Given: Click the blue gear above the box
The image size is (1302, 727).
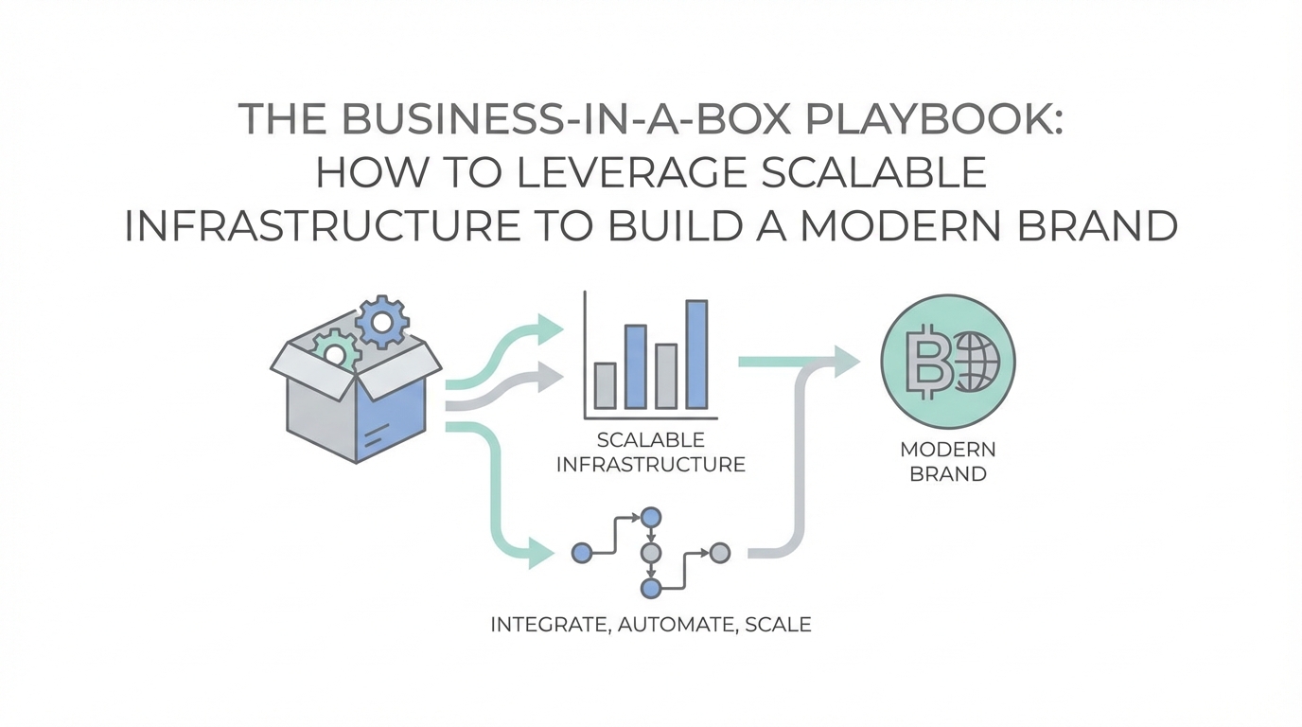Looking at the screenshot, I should pyautogui.click(x=382, y=323).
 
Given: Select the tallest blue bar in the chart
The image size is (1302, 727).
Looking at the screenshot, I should pyautogui.click(x=696, y=355).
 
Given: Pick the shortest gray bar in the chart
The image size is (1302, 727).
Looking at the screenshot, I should pyautogui.click(x=605, y=385).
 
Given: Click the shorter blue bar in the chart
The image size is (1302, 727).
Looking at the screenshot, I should pyautogui.click(x=636, y=366).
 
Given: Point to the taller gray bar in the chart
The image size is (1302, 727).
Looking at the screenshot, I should pyautogui.click(x=666, y=376).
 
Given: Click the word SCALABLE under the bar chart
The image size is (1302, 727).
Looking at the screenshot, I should pyautogui.click(x=651, y=440).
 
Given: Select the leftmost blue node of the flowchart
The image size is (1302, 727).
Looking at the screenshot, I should pyautogui.click(x=582, y=551).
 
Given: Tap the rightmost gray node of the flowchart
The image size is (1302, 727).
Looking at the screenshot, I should pyautogui.click(x=720, y=551).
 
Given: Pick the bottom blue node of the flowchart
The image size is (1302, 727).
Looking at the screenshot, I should pyautogui.click(x=650, y=588).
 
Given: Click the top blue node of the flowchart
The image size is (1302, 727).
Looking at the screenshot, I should pyautogui.click(x=650, y=516).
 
